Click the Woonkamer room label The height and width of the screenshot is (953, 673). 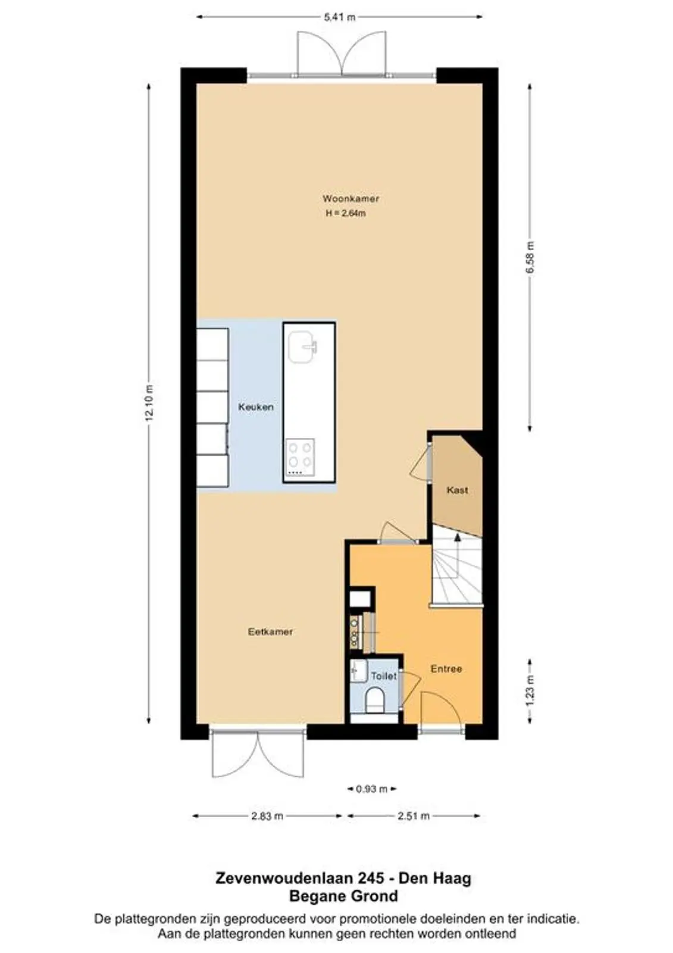point(350,199)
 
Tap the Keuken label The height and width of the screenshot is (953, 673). point(255,407)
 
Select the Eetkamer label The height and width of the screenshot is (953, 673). point(270,632)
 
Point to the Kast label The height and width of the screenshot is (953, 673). point(457,490)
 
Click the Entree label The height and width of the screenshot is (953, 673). point(446,669)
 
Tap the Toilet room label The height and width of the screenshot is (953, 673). point(384,675)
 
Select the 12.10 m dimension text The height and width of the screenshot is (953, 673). point(148,403)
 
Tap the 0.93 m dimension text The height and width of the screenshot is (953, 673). point(371,789)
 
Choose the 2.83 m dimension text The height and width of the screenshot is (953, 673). point(267,816)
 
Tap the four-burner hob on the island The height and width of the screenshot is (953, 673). point(300,457)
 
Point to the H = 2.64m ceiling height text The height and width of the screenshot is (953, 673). point(346,214)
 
